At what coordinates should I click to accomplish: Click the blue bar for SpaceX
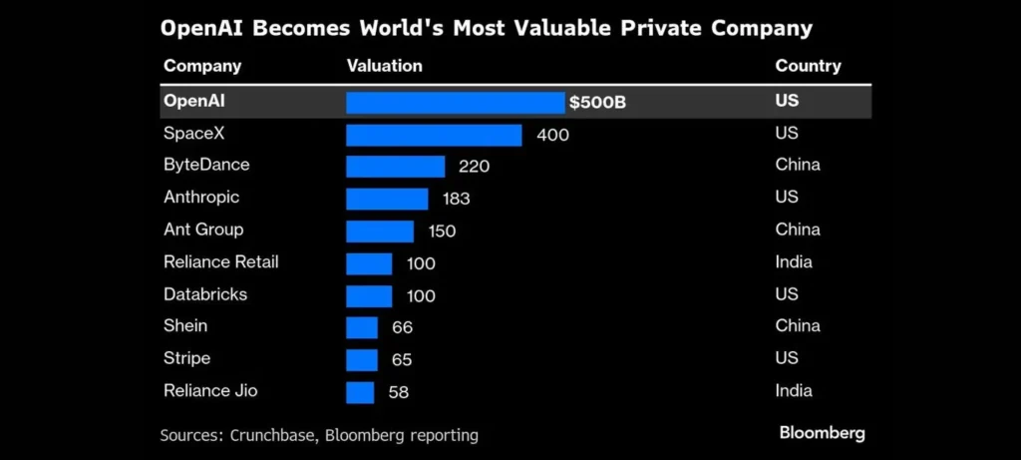pos(434,135)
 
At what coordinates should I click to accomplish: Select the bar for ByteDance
pos(395,167)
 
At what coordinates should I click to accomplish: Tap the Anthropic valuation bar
pos(387,199)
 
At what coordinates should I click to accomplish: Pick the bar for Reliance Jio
pos(360,392)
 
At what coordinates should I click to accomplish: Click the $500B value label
pos(597,103)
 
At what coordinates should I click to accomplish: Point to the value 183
pos(456,199)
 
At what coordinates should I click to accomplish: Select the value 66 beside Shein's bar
pos(402,327)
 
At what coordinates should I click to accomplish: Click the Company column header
pos(202,67)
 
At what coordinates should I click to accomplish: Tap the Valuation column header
pos(385,67)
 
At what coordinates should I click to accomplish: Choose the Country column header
pos(808,67)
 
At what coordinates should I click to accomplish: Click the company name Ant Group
pos(203,230)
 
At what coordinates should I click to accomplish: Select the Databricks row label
pos(205,294)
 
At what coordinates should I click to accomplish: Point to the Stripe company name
pos(187,358)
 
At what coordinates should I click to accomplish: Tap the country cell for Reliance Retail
pos(794,262)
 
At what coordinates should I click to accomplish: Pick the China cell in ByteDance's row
pos(798,166)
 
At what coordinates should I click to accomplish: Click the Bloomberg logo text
pos(822,433)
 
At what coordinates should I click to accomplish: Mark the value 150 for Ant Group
pos(442,231)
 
